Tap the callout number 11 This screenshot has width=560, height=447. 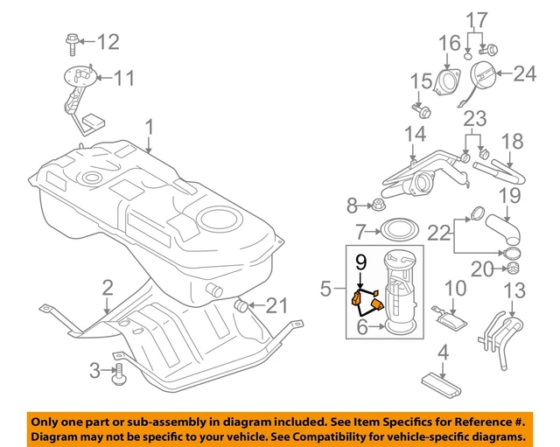(x=124, y=79)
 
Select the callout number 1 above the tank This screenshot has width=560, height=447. (x=150, y=129)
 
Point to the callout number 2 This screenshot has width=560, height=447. (x=107, y=288)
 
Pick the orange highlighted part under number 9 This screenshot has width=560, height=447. (x=368, y=300)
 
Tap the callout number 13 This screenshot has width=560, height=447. (x=514, y=290)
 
